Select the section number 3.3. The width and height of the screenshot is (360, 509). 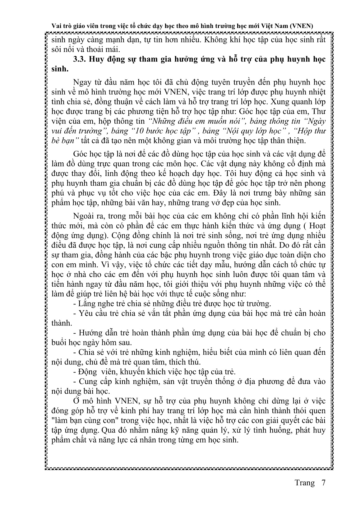pos(80,59)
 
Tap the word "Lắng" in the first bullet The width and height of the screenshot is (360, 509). pos(88,303)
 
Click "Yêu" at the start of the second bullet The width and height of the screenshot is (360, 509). pos(85,313)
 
